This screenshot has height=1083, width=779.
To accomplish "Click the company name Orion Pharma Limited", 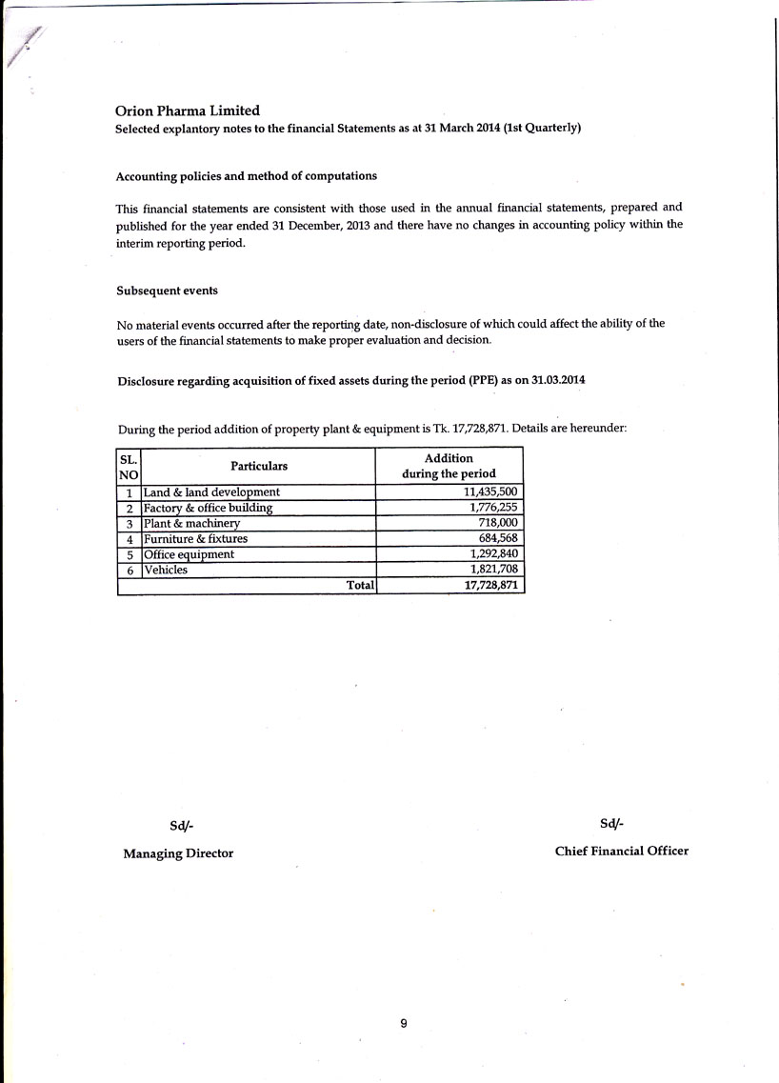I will pyautogui.click(x=188, y=110).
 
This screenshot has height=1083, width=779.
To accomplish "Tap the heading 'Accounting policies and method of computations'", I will pyautogui.click(x=246, y=176).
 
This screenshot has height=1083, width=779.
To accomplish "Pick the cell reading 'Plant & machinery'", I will pyautogui.click(x=192, y=523).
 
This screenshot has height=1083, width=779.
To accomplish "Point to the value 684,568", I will pyautogui.click(x=498, y=538).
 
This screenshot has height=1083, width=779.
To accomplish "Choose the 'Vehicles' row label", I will pyautogui.click(x=166, y=570).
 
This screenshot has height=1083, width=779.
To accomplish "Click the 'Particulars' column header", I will pyautogui.click(x=258, y=466).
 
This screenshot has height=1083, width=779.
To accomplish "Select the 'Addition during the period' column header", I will pyautogui.click(x=449, y=466).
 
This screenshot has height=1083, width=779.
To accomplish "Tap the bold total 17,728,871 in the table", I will pyautogui.click(x=490, y=586).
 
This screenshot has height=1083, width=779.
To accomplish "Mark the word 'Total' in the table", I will pyautogui.click(x=360, y=586).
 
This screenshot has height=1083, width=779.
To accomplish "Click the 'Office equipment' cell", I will pyautogui.click(x=189, y=554).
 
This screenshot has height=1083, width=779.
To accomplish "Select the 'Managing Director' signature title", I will pyautogui.click(x=178, y=853).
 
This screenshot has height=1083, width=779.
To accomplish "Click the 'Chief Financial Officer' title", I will pyautogui.click(x=621, y=851).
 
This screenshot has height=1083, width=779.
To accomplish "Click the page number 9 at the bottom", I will pyautogui.click(x=404, y=1023).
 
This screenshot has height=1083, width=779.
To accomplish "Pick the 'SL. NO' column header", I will pyautogui.click(x=129, y=466).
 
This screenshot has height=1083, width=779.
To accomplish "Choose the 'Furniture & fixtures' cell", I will pyautogui.click(x=195, y=538).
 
